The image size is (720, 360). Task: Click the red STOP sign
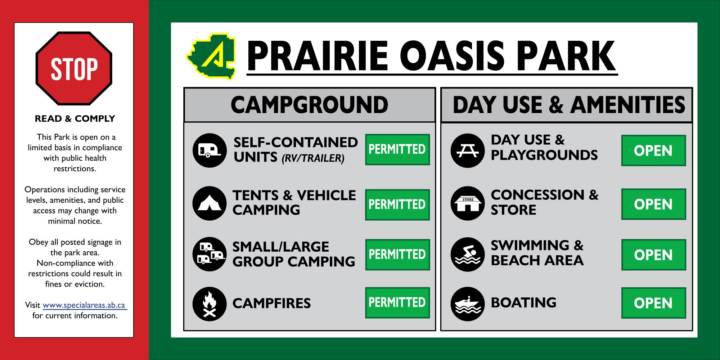(74, 68)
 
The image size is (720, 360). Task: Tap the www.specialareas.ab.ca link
(85, 305)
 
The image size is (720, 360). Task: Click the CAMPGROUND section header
(309, 105)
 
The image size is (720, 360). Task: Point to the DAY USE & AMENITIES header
(569, 105)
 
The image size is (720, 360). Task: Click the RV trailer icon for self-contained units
(210, 150)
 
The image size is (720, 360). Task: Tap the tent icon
(210, 203)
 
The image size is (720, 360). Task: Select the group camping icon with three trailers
(210, 254)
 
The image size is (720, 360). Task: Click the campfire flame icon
(210, 304)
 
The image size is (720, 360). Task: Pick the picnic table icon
(468, 150)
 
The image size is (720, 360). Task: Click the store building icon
(468, 203)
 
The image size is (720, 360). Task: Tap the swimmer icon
(468, 255)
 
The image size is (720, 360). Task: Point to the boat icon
(468, 304)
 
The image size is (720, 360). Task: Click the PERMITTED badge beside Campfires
(397, 303)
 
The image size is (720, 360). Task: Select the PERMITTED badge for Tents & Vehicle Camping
(397, 204)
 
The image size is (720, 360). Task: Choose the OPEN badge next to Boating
(653, 303)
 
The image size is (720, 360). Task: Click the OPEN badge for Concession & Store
(653, 204)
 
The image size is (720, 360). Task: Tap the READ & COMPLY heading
(75, 119)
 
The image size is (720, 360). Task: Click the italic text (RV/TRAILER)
(313, 158)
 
